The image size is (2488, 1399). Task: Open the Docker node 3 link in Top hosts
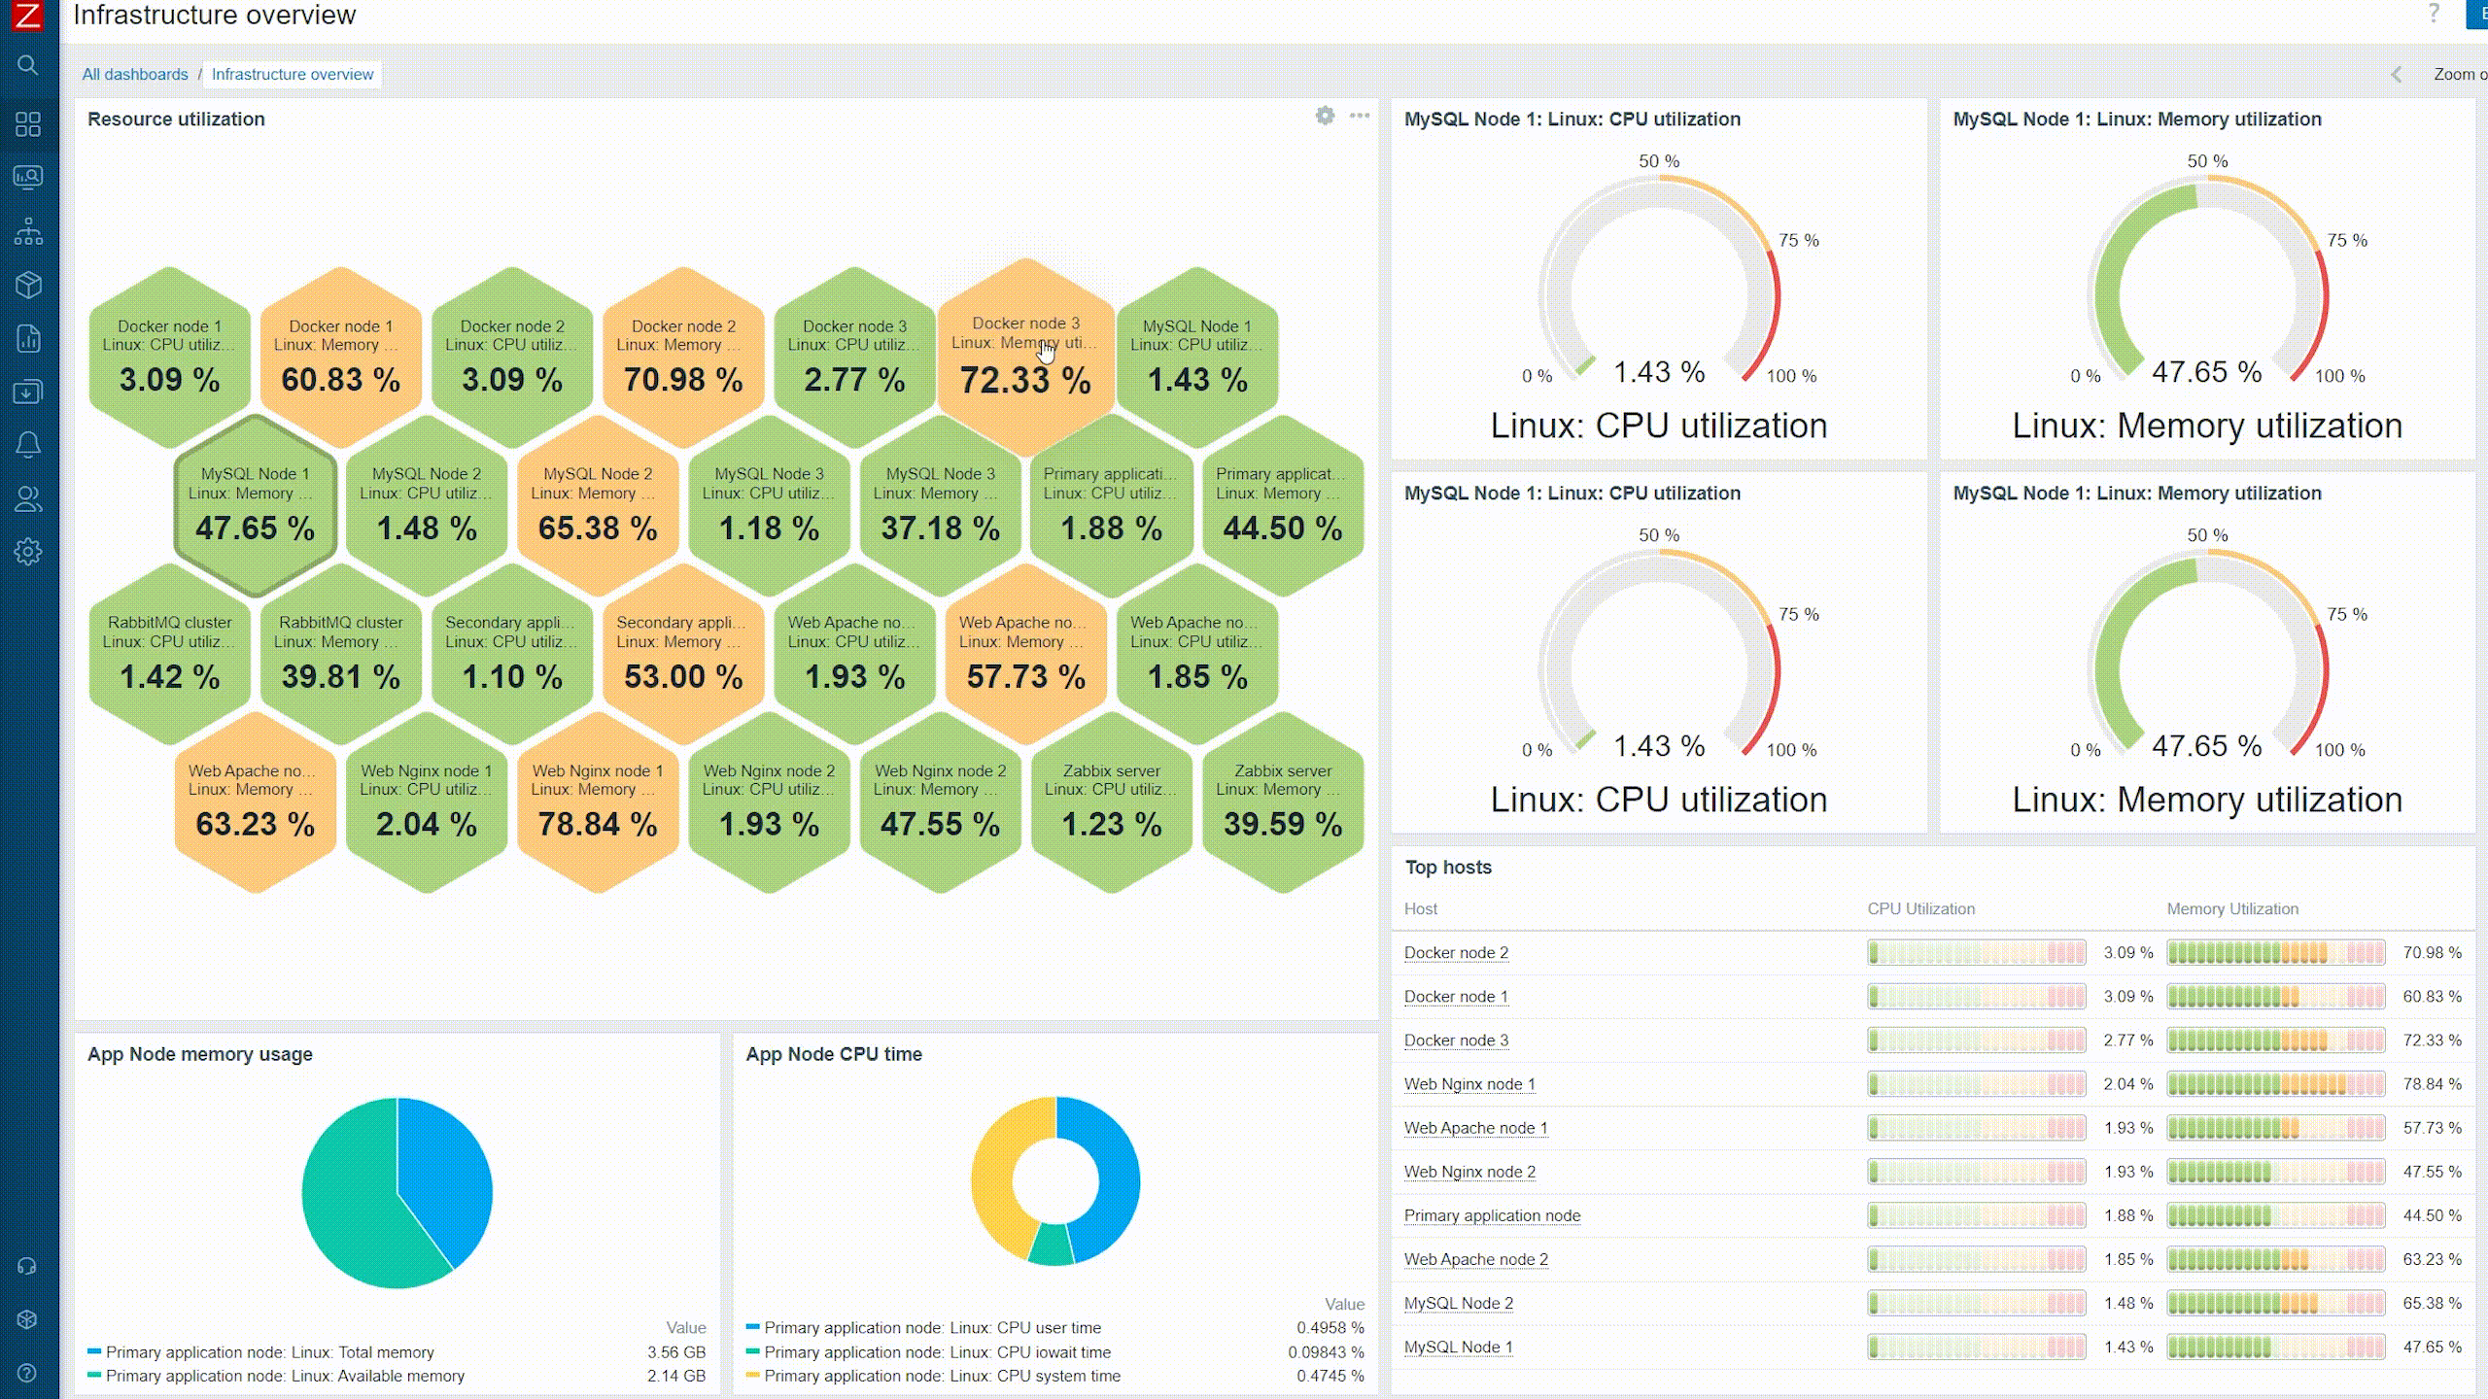(x=1456, y=1041)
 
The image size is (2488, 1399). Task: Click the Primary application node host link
(x=1492, y=1215)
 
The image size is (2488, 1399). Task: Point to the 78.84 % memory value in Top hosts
(x=2432, y=1084)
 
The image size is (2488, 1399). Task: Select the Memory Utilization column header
(x=2232, y=909)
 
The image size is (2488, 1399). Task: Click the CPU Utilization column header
(x=1920, y=909)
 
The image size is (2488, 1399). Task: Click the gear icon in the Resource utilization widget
(x=1325, y=117)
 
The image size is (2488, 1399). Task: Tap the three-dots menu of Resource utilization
(x=1360, y=117)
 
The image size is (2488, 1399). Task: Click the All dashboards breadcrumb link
(x=135, y=75)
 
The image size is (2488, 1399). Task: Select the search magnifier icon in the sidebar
(x=28, y=66)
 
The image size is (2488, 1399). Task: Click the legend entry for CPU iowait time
(x=937, y=1352)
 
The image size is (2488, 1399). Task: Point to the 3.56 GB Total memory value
(x=676, y=1352)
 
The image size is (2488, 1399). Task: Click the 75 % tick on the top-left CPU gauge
(x=1798, y=240)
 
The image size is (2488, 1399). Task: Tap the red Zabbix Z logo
(x=28, y=16)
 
